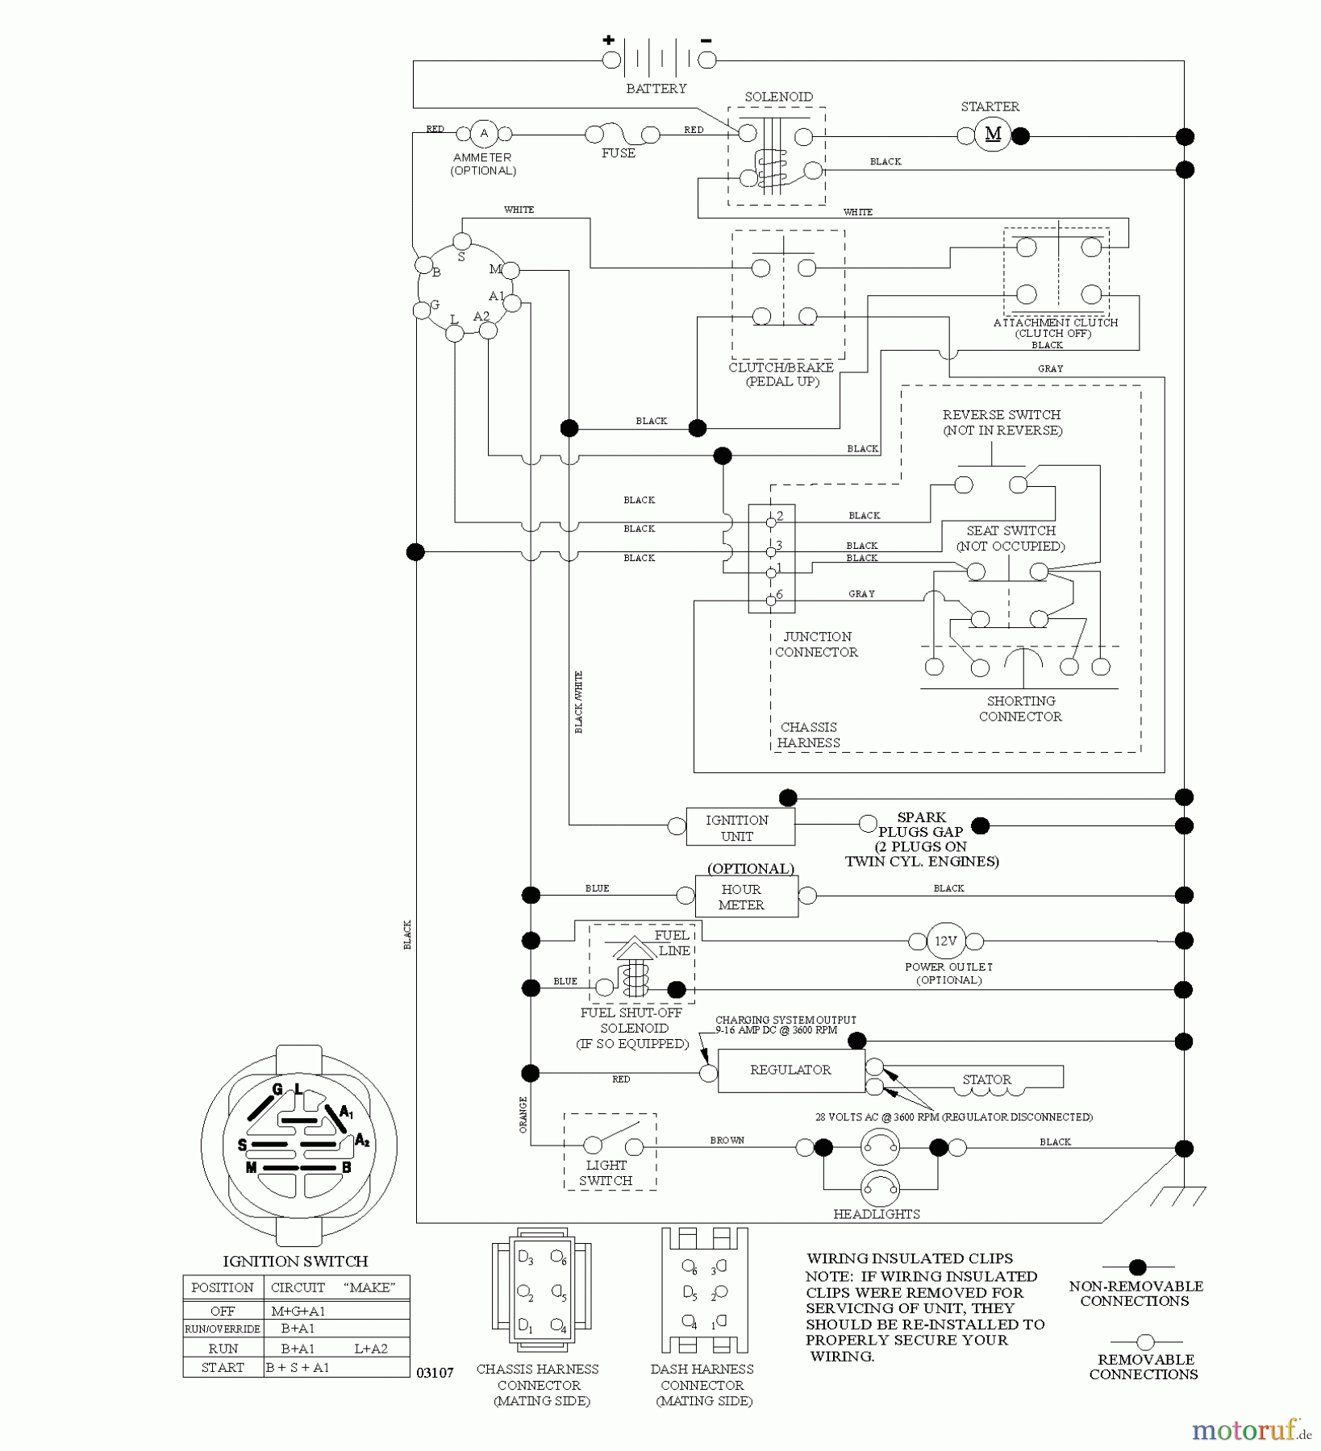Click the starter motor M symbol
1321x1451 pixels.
coord(993,135)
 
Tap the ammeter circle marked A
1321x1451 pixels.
coord(484,134)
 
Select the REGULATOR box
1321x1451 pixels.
coord(790,1070)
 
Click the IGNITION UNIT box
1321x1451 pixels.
coord(740,827)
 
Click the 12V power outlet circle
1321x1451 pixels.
coord(945,941)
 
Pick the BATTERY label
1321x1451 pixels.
coord(656,89)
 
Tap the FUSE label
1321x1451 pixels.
coord(619,153)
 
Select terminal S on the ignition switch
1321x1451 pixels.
coord(462,241)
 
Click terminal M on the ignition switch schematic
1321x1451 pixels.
coord(511,270)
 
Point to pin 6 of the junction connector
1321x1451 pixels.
coord(771,600)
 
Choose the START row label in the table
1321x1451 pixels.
coord(223,1367)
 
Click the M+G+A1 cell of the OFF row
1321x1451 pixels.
coord(298,1312)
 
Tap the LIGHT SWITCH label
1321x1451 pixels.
coord(606,1173)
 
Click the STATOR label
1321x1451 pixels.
coord(986,1079)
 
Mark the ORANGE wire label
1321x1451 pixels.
coord(523,1115)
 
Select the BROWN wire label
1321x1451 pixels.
coord(727,1140)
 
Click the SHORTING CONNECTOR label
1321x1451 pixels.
coord(1020,709)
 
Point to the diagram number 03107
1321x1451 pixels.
coord(435,1373)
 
